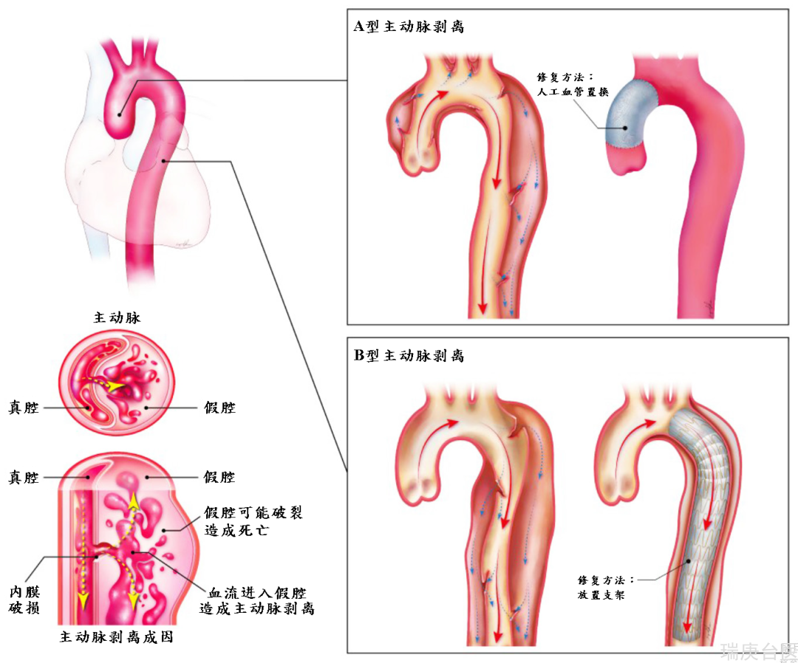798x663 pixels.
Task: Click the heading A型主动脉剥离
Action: (x=409, y=27)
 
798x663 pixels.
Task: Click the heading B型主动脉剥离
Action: (x=409, y=355)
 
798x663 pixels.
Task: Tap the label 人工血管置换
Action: (x=573, y=92)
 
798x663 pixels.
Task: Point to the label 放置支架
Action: (x=601, y=595)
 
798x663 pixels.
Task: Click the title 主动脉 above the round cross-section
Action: (x=117, y=317)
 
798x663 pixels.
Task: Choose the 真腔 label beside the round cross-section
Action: (x=24, y=408)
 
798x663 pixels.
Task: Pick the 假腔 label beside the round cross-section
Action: (x=220, y=408)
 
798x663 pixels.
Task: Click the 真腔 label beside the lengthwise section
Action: (x=24, y=478)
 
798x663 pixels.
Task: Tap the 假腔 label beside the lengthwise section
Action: (x=220, y=477)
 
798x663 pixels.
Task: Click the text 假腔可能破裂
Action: (x=253, y=512)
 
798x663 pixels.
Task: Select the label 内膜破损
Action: (x=24, y=600)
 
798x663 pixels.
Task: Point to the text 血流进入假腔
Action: (x=258, y=593)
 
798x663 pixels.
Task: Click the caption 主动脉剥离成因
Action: (x=117, y=637)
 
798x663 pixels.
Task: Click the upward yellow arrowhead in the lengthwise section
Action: (x=133, y=501)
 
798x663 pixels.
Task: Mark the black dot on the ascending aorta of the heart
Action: (x=120, y=115)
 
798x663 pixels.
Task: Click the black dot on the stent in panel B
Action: (x=689, y=562)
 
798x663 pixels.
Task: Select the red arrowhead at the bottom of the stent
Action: (x=687, y=625)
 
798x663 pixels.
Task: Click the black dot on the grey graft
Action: (x=626, y=128)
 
